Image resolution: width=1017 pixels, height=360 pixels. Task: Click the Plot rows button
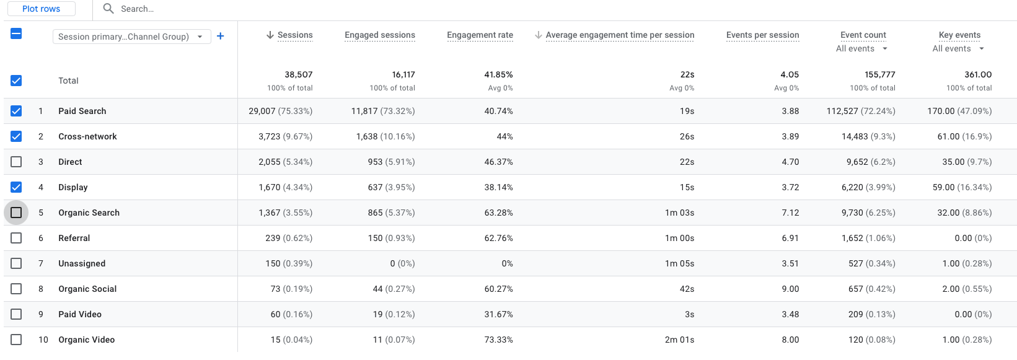click(x=41, y=9)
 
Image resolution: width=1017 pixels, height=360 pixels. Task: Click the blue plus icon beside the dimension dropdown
click(x=220, y=36)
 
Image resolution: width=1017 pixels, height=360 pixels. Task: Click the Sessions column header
click(x=294, y=35)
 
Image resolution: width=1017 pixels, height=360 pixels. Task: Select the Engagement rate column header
click(x=480, y=35)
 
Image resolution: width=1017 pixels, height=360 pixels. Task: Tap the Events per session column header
click(x=762, y=35)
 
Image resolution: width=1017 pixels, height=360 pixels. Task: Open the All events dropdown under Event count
click(x=861, y=49)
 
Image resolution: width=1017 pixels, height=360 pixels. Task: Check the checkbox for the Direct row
click(x=16, y=162)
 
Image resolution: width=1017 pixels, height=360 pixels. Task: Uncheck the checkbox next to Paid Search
click(x=16, y=111)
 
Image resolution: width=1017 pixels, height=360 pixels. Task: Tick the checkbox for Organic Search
click(x=16, y=213)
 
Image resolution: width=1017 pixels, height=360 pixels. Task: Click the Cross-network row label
click(x=87, y=136)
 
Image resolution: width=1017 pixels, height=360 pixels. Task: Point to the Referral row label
click(x=74, y=238)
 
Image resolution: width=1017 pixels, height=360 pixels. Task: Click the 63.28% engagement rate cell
click(x=498, y=213)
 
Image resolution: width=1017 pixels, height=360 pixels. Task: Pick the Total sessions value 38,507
click(x=298, y=74)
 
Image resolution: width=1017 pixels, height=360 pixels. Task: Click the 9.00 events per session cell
click(x=790, y=289)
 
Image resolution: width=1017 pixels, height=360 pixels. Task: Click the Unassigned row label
click(x=82, y=263)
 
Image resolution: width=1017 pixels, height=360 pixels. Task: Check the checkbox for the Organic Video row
click(x=16, y=340)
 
